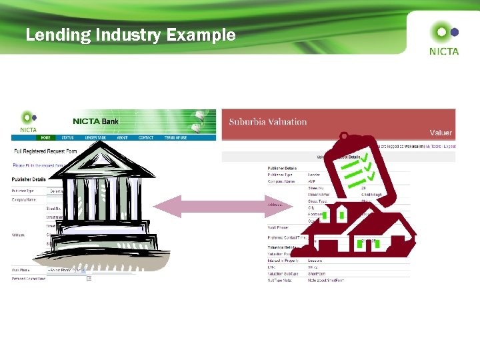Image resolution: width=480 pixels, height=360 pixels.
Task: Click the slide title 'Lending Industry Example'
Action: pyautogui.click(x=131, y=35)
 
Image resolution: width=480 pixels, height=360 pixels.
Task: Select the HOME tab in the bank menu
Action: pyautogui.click(x=46, y=138)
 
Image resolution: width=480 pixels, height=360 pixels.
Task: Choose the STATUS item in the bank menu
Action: pyautogui.click(x=67, y=138)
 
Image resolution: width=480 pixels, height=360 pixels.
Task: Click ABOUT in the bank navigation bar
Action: pyautogui.click(x=123, y=138)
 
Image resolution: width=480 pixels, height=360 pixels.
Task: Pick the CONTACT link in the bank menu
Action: pyautogui.click(x=146, y=138)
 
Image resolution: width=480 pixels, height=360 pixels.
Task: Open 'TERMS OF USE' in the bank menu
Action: pyautogui.click(x=175, y=138)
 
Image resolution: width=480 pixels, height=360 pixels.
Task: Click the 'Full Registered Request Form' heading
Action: pyautogui.click(x=45, y=151)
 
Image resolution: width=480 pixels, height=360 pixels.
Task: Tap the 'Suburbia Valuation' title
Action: pyautogui.click(x=268, y=122)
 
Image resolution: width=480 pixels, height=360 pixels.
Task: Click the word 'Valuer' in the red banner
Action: pyautogui.click(x=441, y=133)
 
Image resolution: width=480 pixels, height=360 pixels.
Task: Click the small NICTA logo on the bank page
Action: pyautogui.click(x=28, y=121)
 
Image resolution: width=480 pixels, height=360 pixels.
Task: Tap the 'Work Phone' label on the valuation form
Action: pyautogui.click(x=279, y=227)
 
